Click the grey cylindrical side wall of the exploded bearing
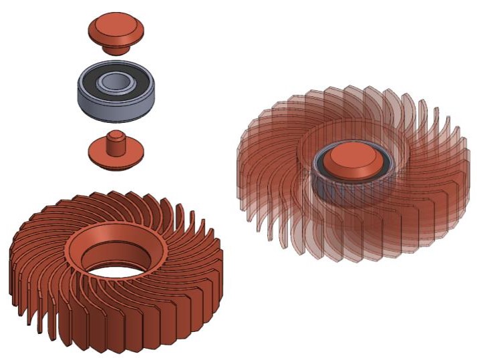100,108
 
